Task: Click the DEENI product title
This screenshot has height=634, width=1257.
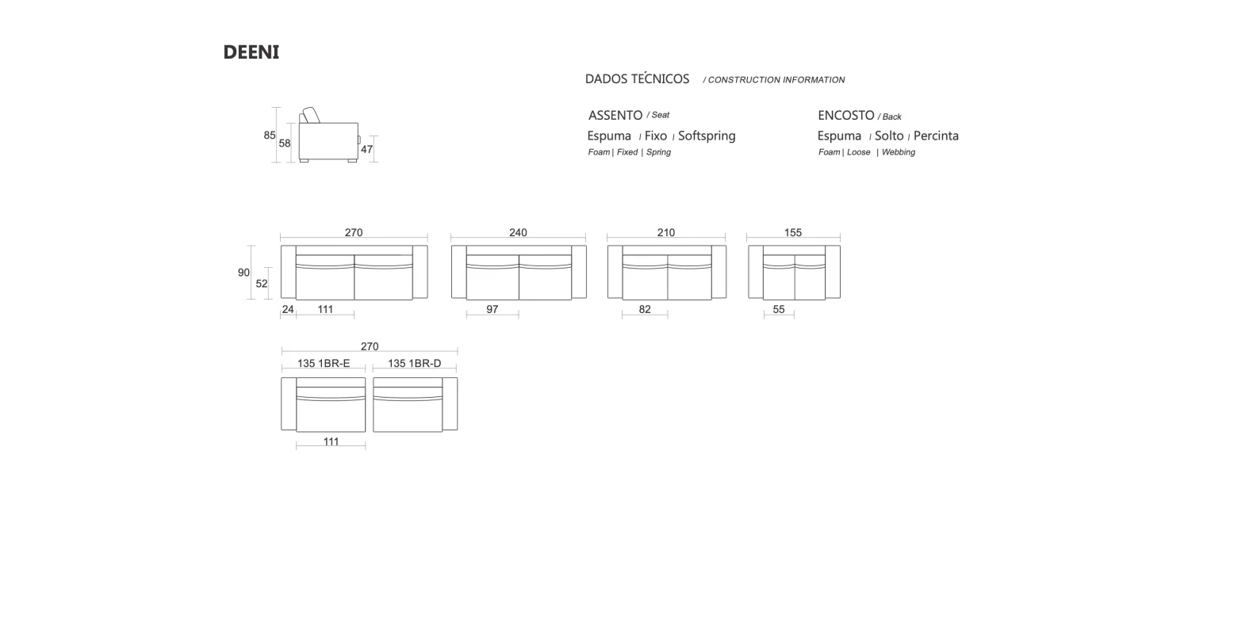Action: coord(251,52)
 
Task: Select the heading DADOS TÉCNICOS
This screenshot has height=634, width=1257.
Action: coord(637,79)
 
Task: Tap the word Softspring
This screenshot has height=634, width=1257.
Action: coord(707,136)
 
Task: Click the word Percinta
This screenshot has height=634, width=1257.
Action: coord(936,136)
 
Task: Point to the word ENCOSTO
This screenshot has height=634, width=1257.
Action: coord(845,116)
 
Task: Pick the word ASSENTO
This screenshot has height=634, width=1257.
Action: coord(615,116)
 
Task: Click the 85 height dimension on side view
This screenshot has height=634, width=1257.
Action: coord(270,136)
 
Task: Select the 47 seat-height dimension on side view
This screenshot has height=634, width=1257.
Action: coord(366,149)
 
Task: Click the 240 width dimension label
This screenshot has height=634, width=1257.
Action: coord(518,232)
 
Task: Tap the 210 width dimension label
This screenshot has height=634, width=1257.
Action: coord(666,232)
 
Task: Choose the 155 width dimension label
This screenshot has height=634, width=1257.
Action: coord(793,232)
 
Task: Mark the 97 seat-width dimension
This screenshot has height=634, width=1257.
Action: coord(492,309)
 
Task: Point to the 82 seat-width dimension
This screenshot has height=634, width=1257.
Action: coord(645,309)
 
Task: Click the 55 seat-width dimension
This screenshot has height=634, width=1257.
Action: coord(779,309)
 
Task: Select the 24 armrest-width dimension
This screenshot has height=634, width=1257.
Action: coord(288,309)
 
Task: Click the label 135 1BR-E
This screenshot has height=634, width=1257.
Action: coord(324,364)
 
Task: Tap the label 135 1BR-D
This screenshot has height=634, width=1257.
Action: coord(415,364)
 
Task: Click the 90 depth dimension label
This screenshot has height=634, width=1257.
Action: coord(243,273)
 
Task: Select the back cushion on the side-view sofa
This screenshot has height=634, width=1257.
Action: coord(310,115)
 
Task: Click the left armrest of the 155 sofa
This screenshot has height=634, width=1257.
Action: coord(755,272)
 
